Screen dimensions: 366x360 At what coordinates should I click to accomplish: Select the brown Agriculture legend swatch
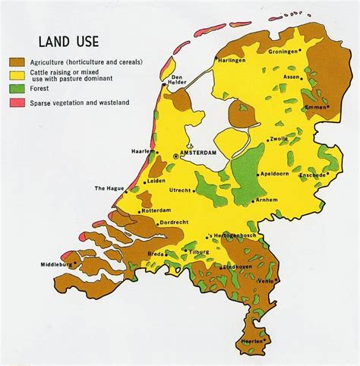16,61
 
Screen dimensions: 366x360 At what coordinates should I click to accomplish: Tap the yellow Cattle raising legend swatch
16,74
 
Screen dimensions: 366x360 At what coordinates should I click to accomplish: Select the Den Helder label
178,80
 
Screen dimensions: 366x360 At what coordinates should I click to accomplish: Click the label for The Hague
109,188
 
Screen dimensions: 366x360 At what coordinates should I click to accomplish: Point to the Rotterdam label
155,210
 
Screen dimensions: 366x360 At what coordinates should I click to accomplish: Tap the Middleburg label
58,265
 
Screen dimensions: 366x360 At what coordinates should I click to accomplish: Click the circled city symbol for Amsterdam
177,155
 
